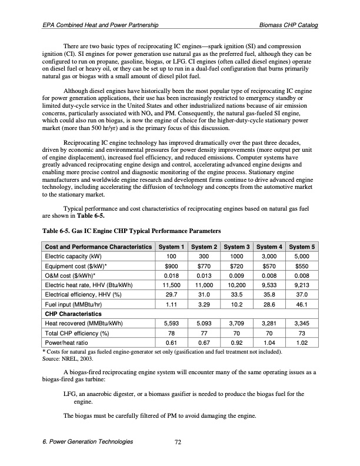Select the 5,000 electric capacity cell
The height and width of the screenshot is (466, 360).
[x=301, y=257]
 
